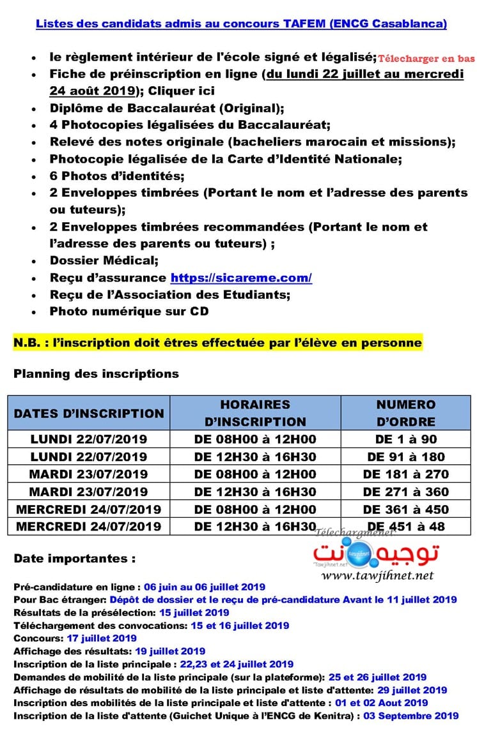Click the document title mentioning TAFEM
click(241, 24)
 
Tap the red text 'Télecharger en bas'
click(426, 59)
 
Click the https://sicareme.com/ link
click(241, 278)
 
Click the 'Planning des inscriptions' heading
click(96, 373)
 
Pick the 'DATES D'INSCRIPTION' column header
click(89, 413)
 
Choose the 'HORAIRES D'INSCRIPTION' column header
click(255, 413)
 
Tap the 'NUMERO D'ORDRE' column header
click(405, 413)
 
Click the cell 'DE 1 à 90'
click(405, 439)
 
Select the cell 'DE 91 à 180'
click(405, 457)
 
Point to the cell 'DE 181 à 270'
click(405, 474)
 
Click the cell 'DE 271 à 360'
click(405, 492)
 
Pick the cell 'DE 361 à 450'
click(405, 509)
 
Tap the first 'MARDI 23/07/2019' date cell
click(89, 474)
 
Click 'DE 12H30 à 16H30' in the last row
click(255, 527)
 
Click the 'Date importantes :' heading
click(74, 559)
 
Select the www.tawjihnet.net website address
click(377, 575)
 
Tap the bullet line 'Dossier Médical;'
click(104, 260)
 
